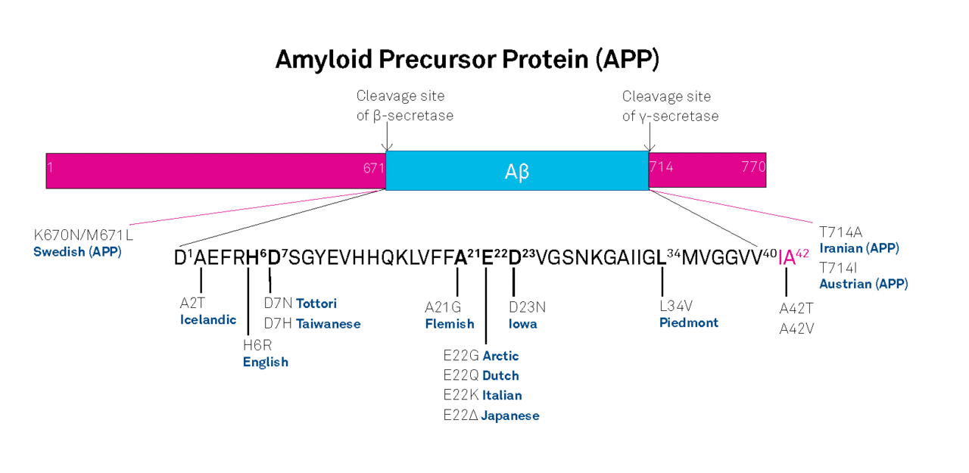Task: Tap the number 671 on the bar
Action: pyautogui.click(x=373, y=167)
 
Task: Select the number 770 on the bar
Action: pyautogui.click(x=753, y=166)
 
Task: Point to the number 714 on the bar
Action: pyautogui.click(x=662, y=166)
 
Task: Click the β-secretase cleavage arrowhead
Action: pyautogui.click(x=387, y=148)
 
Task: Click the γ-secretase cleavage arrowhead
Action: pyautogui.click(x=649, y=148)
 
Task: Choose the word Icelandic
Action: pyautogui.click(x=208, y=319)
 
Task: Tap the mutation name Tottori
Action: pyautogui.click(x=316, y=303)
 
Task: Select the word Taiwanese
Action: pyautogui.click(x=328, y=324)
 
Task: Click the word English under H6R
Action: pyautogui.click(x=265, y=362)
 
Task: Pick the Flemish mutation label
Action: pyautogui.click(x=450, y=324)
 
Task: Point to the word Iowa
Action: pyautogui.click(x=524, y=324)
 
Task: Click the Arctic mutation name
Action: pyautogui.click(x=500, y=356)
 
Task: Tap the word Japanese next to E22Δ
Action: pyautogui.click(x=510, y=415)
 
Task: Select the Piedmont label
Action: pyautogui.click(x=689, y=323)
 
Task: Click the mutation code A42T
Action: pyautogui.click(x=796, y=308)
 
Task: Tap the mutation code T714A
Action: pyautogui.click(x=840, y=232)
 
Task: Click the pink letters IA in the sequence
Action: pyautogui.click(x=787, y=257)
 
